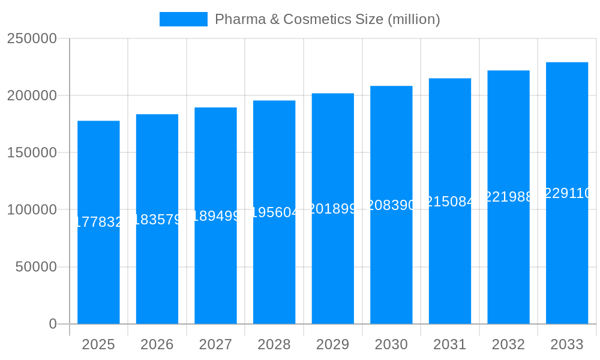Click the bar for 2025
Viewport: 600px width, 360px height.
click(x=98, y=270)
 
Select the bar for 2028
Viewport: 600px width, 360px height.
click(x=274, y=270)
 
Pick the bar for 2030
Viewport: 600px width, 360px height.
click(x=391, y=270)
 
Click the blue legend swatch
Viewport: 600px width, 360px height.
click(x=183, y=19)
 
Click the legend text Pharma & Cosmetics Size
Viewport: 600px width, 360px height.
click(x=327, y=19)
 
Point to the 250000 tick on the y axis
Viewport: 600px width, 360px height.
click(x=32, y=38)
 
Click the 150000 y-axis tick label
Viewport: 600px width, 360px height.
click(x=32, y=152)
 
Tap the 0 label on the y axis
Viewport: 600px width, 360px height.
click(x=53, y=324)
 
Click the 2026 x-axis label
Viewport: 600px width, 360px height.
click(x=157, y=344)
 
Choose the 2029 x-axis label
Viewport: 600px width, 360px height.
click(x=332, y=344)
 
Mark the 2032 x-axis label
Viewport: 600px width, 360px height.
click(x=508, y=344)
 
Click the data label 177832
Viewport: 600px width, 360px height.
click(x=98, y=222)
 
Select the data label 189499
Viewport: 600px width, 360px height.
click(x=215, y=216)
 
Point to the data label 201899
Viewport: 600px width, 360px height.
click(x=332, y=209)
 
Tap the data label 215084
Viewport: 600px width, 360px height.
click(x=450, y=202)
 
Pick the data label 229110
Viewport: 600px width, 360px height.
click(x=567, y=193)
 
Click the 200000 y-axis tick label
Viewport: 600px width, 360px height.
click(x=32, y=95)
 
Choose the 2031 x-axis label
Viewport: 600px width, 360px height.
click(x=450, y=344)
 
